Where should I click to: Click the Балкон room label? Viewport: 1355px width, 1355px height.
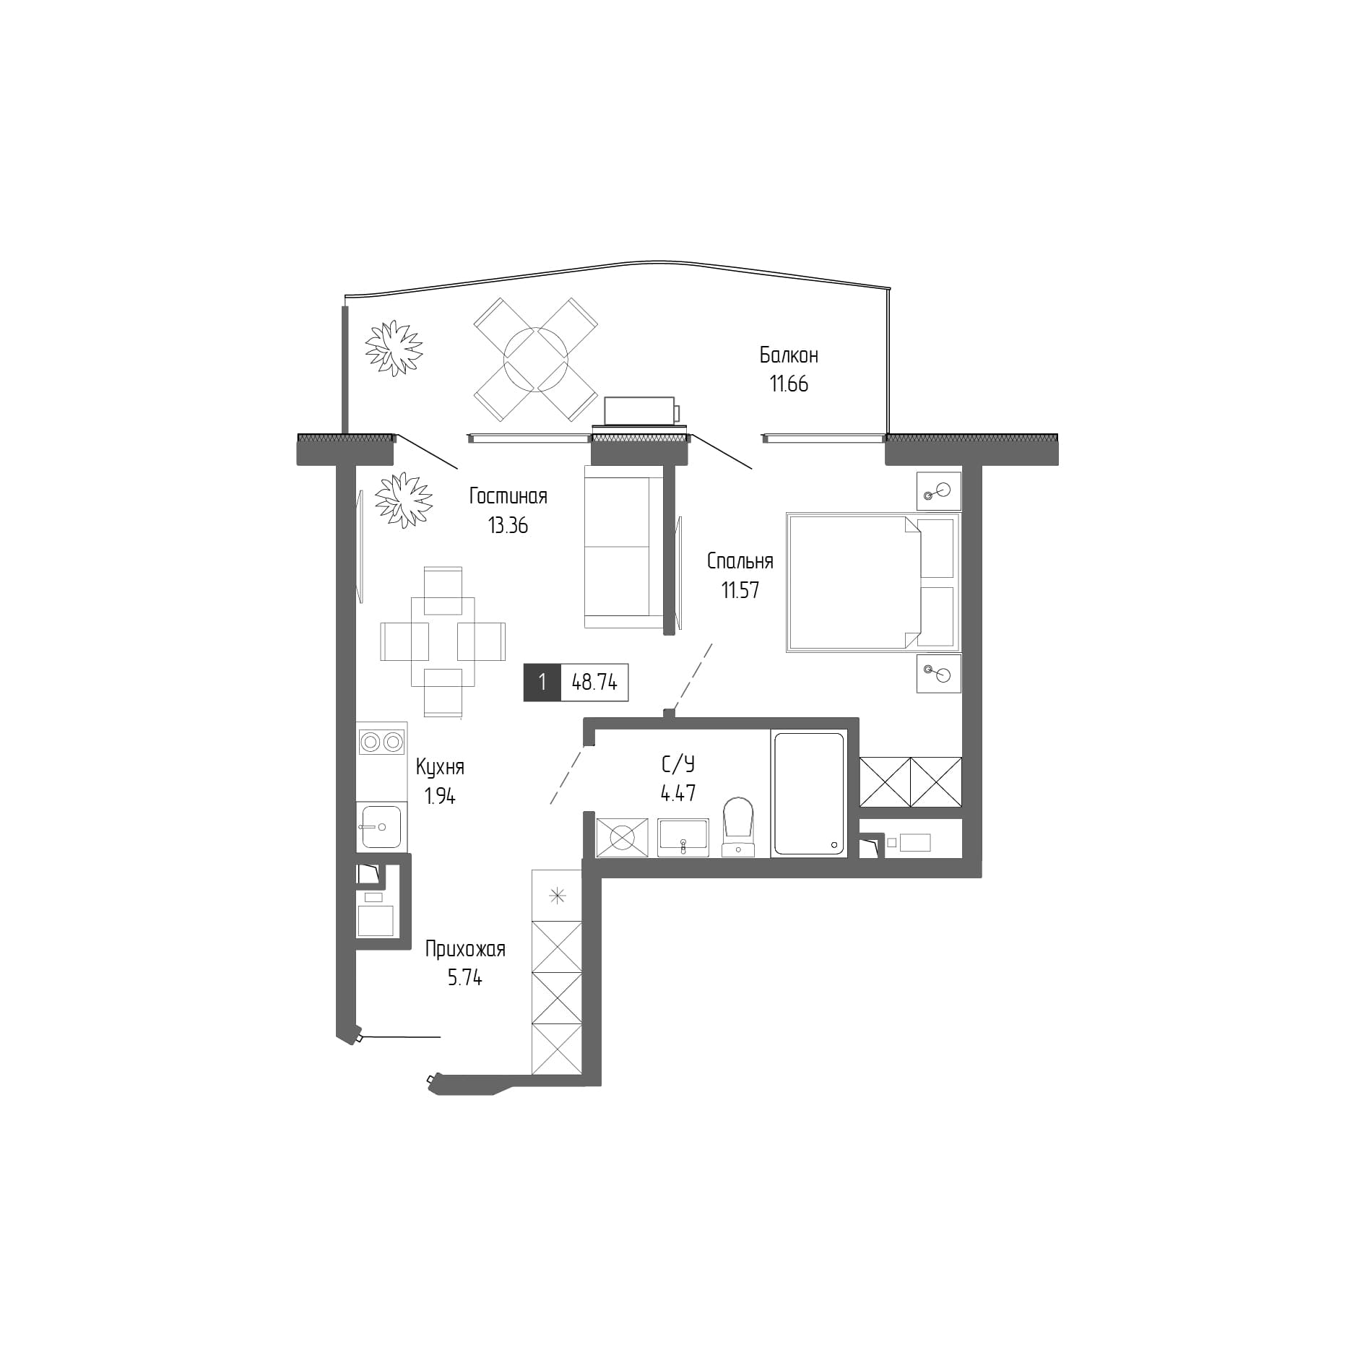pos(788,355)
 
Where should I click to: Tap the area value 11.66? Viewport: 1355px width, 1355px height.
pos(789,384)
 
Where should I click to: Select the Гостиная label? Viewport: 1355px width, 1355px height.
pos(508,496)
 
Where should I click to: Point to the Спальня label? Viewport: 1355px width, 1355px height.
pos(740,561)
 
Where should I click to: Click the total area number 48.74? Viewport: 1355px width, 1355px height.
pos(594,683)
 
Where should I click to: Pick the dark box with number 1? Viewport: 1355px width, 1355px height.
pos(542,683)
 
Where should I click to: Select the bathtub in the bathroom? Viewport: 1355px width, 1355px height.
pos(808,794)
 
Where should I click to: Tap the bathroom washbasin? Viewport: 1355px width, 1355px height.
pos(683,837)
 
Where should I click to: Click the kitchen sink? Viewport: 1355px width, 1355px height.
pos(381,826)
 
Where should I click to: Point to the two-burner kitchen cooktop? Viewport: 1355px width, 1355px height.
pos(381,742)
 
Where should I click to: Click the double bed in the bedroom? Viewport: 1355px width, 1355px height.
pos(872,582)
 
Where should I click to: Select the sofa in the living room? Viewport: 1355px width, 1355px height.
pos(623,547)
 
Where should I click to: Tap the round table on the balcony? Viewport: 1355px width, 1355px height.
pos(535,359)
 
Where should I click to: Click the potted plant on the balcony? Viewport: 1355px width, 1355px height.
pos(393,347)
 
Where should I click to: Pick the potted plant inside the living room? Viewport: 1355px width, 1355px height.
pos(403,500)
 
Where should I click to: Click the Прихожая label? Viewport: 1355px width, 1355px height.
pos(464,949)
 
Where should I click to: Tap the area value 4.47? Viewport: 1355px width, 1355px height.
pos(677,793)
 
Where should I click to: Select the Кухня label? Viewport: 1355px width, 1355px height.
pos(440,767)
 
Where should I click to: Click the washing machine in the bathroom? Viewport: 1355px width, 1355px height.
pos(622,838)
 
